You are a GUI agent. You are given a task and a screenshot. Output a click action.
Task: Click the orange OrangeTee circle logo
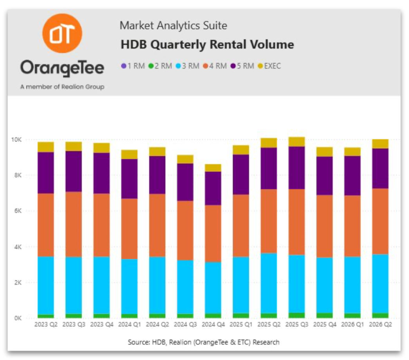[62, 33]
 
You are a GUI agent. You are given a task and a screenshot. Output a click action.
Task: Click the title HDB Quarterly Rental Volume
[207, 45]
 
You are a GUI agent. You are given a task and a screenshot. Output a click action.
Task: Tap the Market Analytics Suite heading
[174, 25]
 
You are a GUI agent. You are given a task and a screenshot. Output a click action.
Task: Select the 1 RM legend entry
[133, 66]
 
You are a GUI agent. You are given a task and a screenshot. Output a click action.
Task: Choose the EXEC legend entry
[270, 66]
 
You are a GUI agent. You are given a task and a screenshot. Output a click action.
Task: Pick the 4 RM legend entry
[215, 66]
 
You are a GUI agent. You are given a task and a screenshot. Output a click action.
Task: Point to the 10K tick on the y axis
[16, 140]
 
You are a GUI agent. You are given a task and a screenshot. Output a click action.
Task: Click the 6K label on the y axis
[18, 211]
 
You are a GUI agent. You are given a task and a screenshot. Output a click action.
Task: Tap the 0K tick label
[18, 318]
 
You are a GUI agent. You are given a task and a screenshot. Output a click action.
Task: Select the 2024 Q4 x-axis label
[213, 324]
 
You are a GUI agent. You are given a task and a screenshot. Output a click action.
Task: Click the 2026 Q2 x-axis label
[380, 324]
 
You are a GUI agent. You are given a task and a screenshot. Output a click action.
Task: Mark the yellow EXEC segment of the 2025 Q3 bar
[297, 142]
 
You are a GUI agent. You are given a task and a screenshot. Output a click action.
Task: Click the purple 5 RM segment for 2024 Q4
[213, 188]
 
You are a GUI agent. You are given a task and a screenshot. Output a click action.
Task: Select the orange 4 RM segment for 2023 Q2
[46, 225]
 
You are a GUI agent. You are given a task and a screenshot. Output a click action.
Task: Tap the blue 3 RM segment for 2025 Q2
[269, 283]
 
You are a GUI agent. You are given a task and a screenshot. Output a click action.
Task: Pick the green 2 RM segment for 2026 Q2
[380, 315]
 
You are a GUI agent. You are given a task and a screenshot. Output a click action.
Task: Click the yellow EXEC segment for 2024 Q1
[129, 155]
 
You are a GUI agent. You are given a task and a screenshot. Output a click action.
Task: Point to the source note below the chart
[203, 342]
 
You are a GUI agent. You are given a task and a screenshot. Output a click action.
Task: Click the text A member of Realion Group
[62, 87]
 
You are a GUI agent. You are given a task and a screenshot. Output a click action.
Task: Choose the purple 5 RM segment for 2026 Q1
[353, 176]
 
